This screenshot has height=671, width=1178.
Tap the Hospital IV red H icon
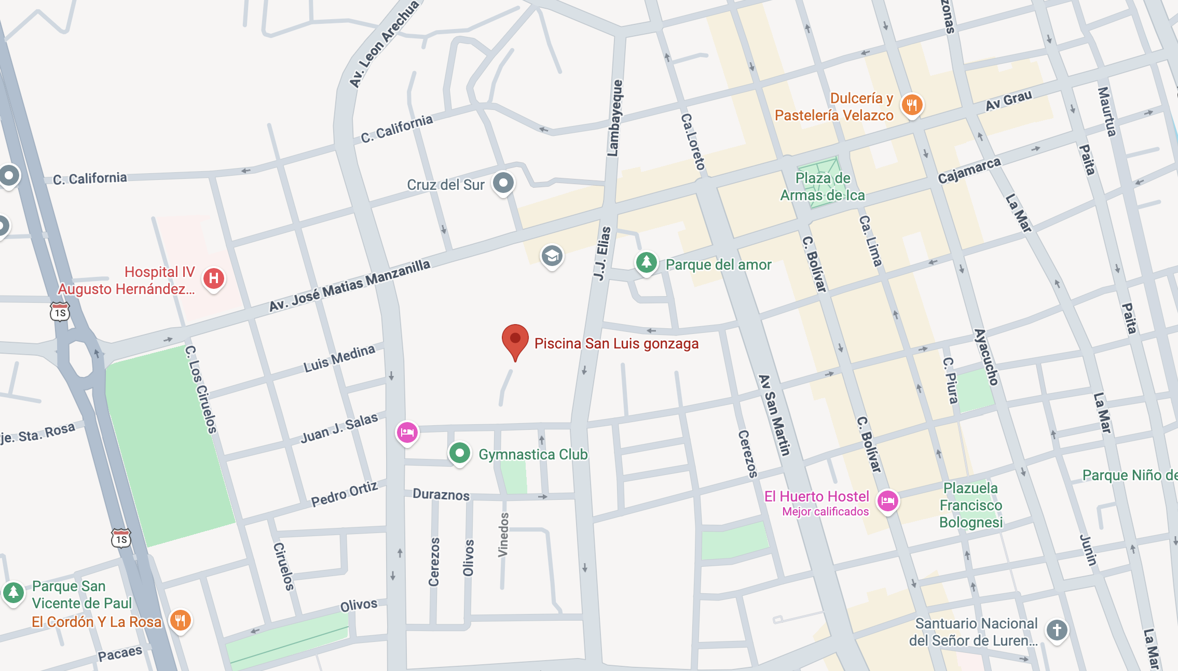pos(213,278)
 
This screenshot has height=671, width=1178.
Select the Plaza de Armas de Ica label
pos(823,187)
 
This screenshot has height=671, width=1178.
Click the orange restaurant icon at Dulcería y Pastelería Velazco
pos(912,105)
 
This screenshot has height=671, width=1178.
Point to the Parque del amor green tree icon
pos(646,262)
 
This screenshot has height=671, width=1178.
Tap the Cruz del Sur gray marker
pos(503,183)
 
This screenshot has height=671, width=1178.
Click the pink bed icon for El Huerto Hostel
pos(887,501)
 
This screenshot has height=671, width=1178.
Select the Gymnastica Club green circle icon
pos(459,453)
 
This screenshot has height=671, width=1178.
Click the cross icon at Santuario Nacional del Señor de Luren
pos(1057,630)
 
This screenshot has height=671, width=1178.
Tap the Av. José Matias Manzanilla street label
pos(349,285)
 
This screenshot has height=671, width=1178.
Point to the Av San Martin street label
pos(774,415)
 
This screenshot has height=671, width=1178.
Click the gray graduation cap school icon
pos(552,256)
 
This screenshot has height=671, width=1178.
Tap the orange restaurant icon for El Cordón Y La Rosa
pos(180,620)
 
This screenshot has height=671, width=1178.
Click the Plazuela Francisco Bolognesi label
pos(970,505)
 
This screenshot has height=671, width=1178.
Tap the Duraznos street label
pos(441,494)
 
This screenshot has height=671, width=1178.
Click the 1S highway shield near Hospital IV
pos(60,312)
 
